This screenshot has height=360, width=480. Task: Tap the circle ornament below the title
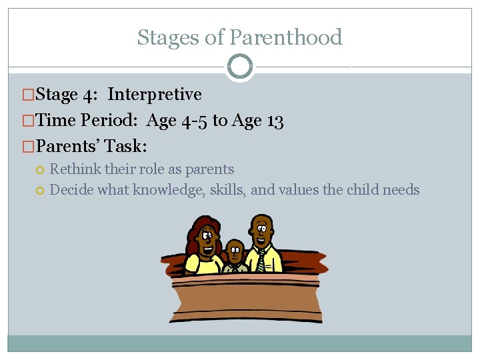click(x=240, y=67)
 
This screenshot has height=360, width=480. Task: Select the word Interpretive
click(x=155, y=95)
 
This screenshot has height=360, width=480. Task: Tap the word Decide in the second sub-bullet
click(x=72, y=190)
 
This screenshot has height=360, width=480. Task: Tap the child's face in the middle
click(x=234, y=252)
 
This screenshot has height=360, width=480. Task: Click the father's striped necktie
click(x=260, y=259)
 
